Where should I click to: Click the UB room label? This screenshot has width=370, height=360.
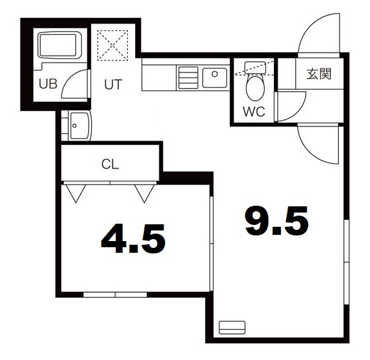click(x=48, y=84)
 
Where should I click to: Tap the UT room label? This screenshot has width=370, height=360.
click(x=113, y=84)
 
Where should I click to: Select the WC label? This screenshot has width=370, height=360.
click(x=254, y=112)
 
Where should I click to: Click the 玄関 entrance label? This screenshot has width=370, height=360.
click(x=319, y=74)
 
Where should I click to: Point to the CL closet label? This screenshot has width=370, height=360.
click(x=110, y=164)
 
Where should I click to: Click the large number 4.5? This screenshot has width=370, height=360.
click(x=133, y=239)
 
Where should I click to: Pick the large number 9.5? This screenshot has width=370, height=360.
click(x=277, y=221)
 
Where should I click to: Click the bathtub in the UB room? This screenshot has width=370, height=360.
click(x=58, y=45)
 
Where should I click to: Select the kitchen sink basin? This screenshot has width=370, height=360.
click(x=214, y=77)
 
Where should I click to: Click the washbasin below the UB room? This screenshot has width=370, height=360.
click(x=79, y=126)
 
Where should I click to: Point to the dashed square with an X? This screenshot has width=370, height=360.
click(x=113, y=45)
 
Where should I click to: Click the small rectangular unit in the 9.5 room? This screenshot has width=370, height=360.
click(x=232, y=327)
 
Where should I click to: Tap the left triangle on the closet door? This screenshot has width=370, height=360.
click(x=76, y=193)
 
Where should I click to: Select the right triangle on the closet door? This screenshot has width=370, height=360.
click(x=144, y=193)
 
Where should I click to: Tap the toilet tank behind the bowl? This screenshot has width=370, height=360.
click(x=255, y=68)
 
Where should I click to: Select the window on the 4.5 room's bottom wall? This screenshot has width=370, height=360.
click(x=115, y=294)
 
